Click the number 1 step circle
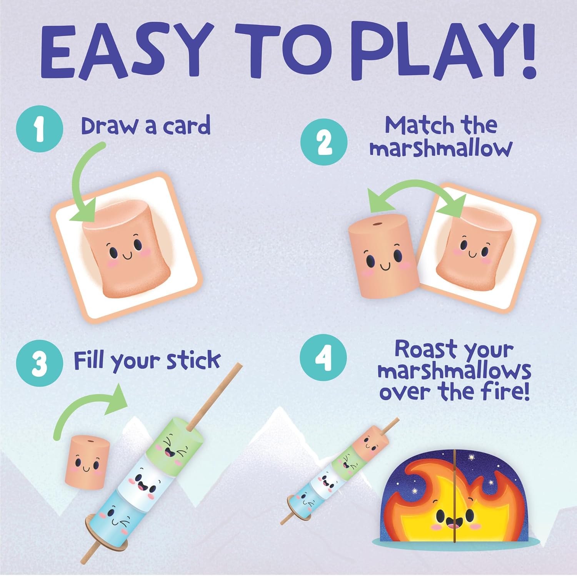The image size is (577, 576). (40, 129)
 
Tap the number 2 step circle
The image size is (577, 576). (324, 142)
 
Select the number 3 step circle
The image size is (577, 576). (40, 363)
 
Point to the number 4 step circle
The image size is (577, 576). (323, 357)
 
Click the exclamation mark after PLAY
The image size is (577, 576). (525, 50)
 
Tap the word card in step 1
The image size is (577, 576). (187, 126)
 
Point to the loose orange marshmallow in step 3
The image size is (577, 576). (87, 461)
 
